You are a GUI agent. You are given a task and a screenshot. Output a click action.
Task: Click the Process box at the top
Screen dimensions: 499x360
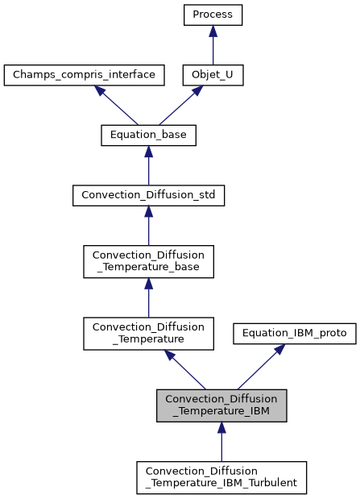[213, 15]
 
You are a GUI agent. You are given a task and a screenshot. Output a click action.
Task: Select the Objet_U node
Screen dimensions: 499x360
[213, 76]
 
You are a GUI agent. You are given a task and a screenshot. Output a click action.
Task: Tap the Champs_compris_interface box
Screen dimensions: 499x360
[85, 76]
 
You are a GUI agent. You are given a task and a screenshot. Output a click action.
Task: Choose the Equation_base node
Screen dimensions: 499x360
[148, 136]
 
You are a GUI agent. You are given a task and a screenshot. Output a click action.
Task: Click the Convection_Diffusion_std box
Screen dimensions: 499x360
[148, 196]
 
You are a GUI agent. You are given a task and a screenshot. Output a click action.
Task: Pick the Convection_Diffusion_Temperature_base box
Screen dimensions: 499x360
[148, 262]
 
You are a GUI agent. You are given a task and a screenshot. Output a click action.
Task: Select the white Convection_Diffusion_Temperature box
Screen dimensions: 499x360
[148, 333]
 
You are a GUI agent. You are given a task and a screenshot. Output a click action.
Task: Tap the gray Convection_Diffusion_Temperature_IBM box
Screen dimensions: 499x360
[221, 405]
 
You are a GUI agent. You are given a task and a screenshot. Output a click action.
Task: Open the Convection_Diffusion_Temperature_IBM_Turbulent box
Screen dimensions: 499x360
[221, 476]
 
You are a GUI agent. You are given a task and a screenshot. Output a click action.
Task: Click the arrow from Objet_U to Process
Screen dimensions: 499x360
[213, 45]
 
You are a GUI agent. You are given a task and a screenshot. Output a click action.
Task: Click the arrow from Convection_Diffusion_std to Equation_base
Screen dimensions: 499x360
[148, 166]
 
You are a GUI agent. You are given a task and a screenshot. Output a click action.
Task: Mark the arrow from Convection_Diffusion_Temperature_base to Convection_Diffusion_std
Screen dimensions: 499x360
[148, 226]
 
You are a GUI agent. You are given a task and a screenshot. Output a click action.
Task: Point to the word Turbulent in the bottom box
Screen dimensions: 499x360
[271, 483]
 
